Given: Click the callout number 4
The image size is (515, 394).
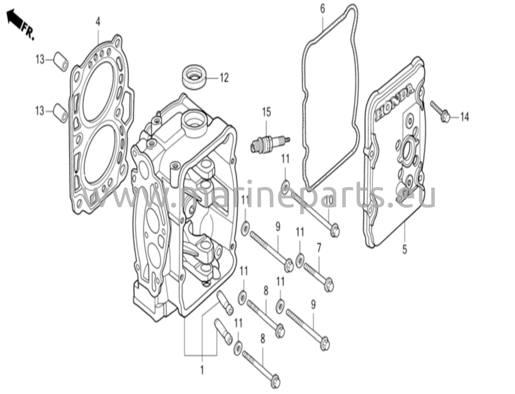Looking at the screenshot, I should tap(98, 22).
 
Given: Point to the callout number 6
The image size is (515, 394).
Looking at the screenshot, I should tap(322, 9).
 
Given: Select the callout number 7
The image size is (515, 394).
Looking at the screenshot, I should tap(319, 248).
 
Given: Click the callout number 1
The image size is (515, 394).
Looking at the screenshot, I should tap(202, 370).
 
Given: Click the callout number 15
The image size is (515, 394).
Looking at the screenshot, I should tap(267, 112).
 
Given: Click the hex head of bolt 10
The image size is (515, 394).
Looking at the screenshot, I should tap(335, 231).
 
